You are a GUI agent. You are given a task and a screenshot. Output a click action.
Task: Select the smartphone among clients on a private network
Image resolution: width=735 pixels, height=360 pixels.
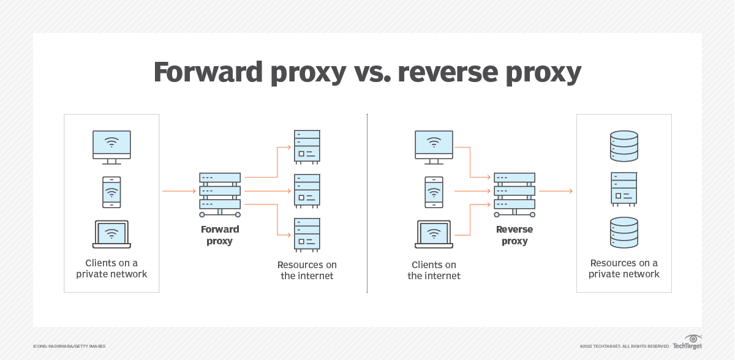pyautogui.click(x=111, y=192)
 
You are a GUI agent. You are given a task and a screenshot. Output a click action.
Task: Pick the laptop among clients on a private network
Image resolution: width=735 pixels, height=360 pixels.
pyautogui.click(x=111, y=234)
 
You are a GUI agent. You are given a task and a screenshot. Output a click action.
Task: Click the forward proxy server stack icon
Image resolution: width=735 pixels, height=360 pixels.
pyautogui.click(x=220, y=194)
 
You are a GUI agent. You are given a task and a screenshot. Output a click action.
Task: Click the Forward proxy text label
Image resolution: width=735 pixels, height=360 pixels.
pyautogui.click(x=220, y=235)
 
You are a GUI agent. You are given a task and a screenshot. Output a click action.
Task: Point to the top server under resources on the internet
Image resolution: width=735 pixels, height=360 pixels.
pyautogui.click(x=307, y=146)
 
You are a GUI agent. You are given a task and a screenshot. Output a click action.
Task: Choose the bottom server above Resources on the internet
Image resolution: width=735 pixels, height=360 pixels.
pyautogui.click(x=307, y=234)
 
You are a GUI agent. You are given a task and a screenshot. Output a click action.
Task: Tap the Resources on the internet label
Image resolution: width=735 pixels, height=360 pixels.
pyautogui.click(x=307, y=270)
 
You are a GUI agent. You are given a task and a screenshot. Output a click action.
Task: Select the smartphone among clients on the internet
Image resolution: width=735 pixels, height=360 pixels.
pyautogui.click(x=434, y=192)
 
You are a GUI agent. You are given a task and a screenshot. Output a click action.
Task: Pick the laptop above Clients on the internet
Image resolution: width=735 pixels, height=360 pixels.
pyautogui.click(x=434, y=234)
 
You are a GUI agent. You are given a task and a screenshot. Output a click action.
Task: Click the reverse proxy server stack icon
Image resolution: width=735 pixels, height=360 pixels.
pyautogui.click(x=514, y=194)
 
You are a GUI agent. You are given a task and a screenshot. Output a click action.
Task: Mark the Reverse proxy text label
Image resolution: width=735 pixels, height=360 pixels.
pyautogui.click(x=514, y=235)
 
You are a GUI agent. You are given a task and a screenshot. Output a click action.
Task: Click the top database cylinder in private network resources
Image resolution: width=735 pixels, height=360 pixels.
pyautogui.click(x=624, y=144)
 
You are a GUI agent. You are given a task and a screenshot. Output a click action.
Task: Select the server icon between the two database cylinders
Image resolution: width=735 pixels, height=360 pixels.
pyautogui.click(x=624, y=189)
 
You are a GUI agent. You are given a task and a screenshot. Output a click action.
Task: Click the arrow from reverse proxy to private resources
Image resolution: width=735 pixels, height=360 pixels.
pyautogui.click(x=556, y=191)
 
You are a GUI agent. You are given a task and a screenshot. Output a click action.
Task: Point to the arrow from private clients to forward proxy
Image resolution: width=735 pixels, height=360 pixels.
pyautogui.click(x=179, y=191)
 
